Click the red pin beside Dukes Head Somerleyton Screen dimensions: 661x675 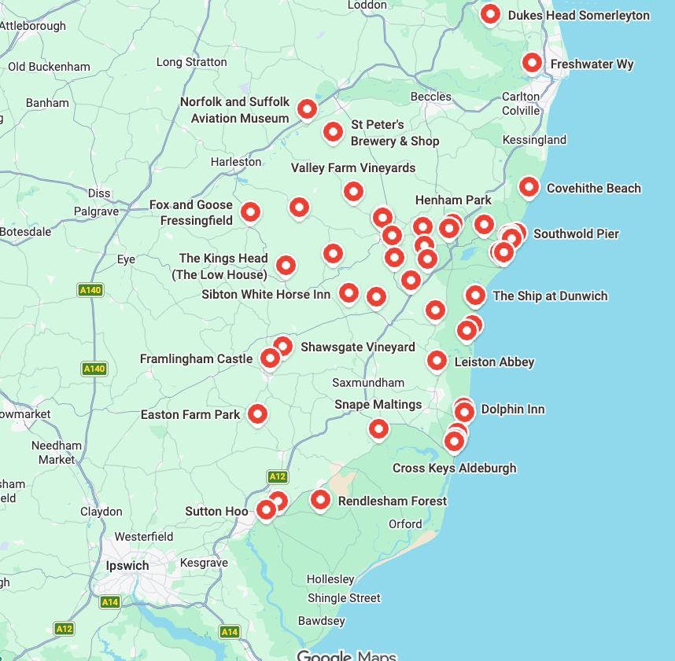click(x=490, y=14)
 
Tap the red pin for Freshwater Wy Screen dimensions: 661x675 click(x=532, y=63)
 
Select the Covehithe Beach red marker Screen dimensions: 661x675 click(x=529, y=187)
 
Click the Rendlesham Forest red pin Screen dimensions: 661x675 click(x=320, y=499)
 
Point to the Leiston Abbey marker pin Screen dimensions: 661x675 click(x=437, y=361)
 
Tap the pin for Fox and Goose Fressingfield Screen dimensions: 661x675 click(x=250, y=211)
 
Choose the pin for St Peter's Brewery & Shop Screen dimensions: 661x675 click(x=333, y=131)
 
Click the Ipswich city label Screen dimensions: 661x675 click(x=127, y=566)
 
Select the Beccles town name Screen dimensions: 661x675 click(x=431, y=97)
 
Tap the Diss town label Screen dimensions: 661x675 click(x=99, y=193)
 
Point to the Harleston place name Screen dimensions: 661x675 click(x=236, y=162)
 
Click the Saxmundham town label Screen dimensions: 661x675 click(x=368, y=383)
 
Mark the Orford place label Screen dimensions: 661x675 click(x=405, y=524)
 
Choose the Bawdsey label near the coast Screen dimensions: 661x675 click(x=321, y=621)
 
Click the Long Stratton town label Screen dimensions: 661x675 click(x=191, y=62)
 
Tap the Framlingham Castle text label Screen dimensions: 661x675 click(x=196, y=359)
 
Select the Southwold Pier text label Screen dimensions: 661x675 click(x=576, y=234)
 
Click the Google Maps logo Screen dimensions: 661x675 click(x=346, y=655)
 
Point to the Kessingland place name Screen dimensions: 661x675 click(x=534, y=140)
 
